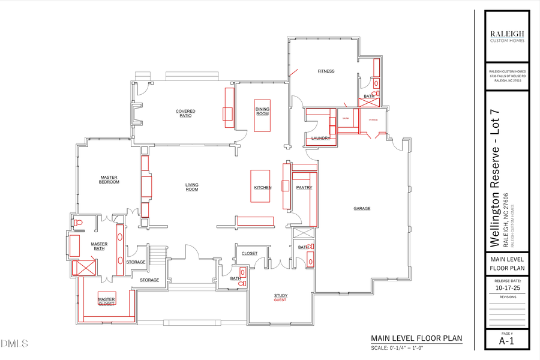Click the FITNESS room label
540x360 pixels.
[x=326, y=71]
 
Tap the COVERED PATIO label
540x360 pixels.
[x=185, y=113]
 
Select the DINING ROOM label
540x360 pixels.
[x=262, y=111]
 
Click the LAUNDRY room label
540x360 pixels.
[x=320, y=139]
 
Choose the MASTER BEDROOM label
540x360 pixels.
[x=109, y=179]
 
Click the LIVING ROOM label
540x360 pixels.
[x=191, y=187]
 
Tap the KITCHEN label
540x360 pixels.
[x=263, y=188]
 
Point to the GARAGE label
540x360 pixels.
[x=362, y=209]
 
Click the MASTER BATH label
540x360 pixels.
[x=99, y=247]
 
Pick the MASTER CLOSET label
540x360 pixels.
[x=106, y=301]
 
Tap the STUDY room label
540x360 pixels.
[x=280, y=295]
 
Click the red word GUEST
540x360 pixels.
[x=280, y=300]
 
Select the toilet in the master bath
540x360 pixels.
[x=77, y=223]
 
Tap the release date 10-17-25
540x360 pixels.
[x=507, y=287]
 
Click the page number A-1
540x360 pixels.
[x=507, y=341]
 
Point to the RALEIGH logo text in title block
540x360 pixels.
[x=507, y=34]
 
